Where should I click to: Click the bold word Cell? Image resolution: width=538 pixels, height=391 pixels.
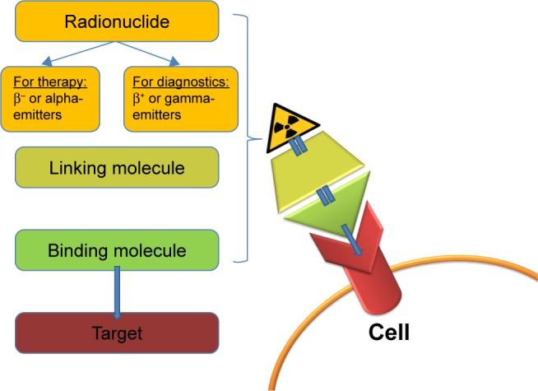tap(388, 333)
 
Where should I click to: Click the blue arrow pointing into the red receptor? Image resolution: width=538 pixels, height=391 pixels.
tap(351, 244)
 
